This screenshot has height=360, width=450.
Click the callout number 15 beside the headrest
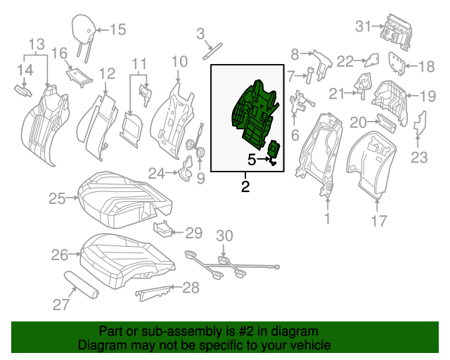pyautogui.click(x=117, y=30)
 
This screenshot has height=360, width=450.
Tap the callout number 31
pyautogui.click(x=363, y=27)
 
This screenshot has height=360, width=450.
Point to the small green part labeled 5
pyautogui.click(x=275, y=150)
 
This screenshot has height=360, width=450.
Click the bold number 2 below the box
pyautogui.click(x=245, y=186)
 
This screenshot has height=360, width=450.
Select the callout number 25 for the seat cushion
pyautogui.click(x=56, y=199)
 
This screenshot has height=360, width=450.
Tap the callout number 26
pyautogui.click(x=60, y=254)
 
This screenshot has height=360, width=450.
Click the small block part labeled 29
pyautogui.click(x=163, y=228)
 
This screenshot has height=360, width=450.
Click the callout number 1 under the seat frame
pyautogui.click(x=326, y=219)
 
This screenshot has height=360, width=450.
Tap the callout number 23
pyautogui.click(x=419, y=157)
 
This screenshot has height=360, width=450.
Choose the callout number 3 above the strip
pyautogui.click(x=200, y=33)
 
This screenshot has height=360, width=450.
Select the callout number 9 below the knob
pyautogui.click(x=200, y=179)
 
